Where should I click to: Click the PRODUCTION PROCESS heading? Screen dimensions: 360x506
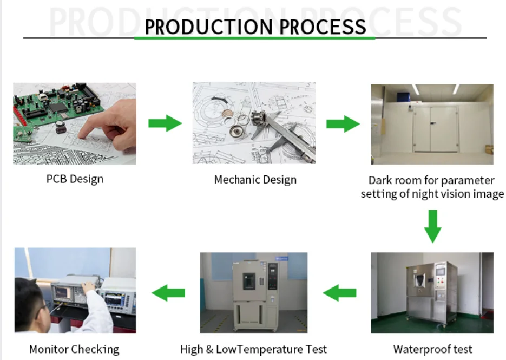tap(255, 27)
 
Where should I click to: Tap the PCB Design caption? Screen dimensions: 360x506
tap(75, 179)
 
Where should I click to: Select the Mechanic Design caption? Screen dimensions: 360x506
tap(255, 179)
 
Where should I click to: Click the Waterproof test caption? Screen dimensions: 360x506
tap(432, 349)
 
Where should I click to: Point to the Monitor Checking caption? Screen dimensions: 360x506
tap(74, 349)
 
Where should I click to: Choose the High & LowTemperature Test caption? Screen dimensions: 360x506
tap(253, 349)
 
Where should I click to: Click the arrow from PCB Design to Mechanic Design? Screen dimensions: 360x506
tap(165, 123)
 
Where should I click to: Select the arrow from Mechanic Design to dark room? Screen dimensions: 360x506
tap(343, 123)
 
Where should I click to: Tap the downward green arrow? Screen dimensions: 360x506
tap(432, 226)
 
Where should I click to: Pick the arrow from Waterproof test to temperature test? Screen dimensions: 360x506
tap(340, 293)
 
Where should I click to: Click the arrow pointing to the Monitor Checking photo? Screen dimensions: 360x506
tap(168, 293)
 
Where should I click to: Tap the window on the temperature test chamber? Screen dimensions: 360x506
tap(248, 280)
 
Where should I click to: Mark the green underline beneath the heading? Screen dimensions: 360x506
tap(255, 38)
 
